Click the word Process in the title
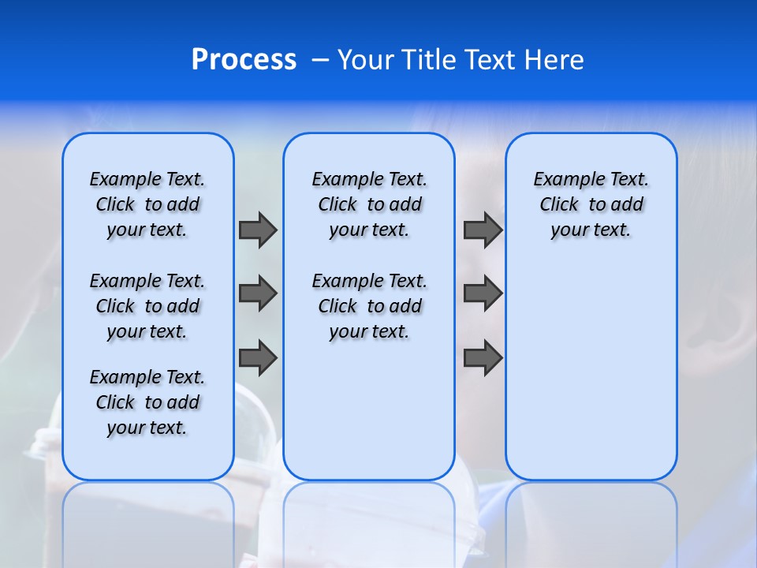tap(244, 59)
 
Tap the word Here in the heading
tap(556, 59)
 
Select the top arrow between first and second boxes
tap(258, 230)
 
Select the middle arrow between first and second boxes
tap(258, 293)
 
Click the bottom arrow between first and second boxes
tap(258, 358)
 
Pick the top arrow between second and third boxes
tap(483, 230)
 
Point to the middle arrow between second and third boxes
tap(483, 293)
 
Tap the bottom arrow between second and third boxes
tap(483, 358)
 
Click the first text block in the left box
tap(147, 204)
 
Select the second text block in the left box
tap(147, 306)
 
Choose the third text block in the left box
tap(147, 402)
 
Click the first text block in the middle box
tap(369, 204)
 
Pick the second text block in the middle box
tap(369, 306)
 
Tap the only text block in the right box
tap(591, 204)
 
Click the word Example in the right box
tap(565, 179)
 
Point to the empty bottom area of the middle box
tap(369, 418)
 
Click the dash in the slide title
tap(320, 59)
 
